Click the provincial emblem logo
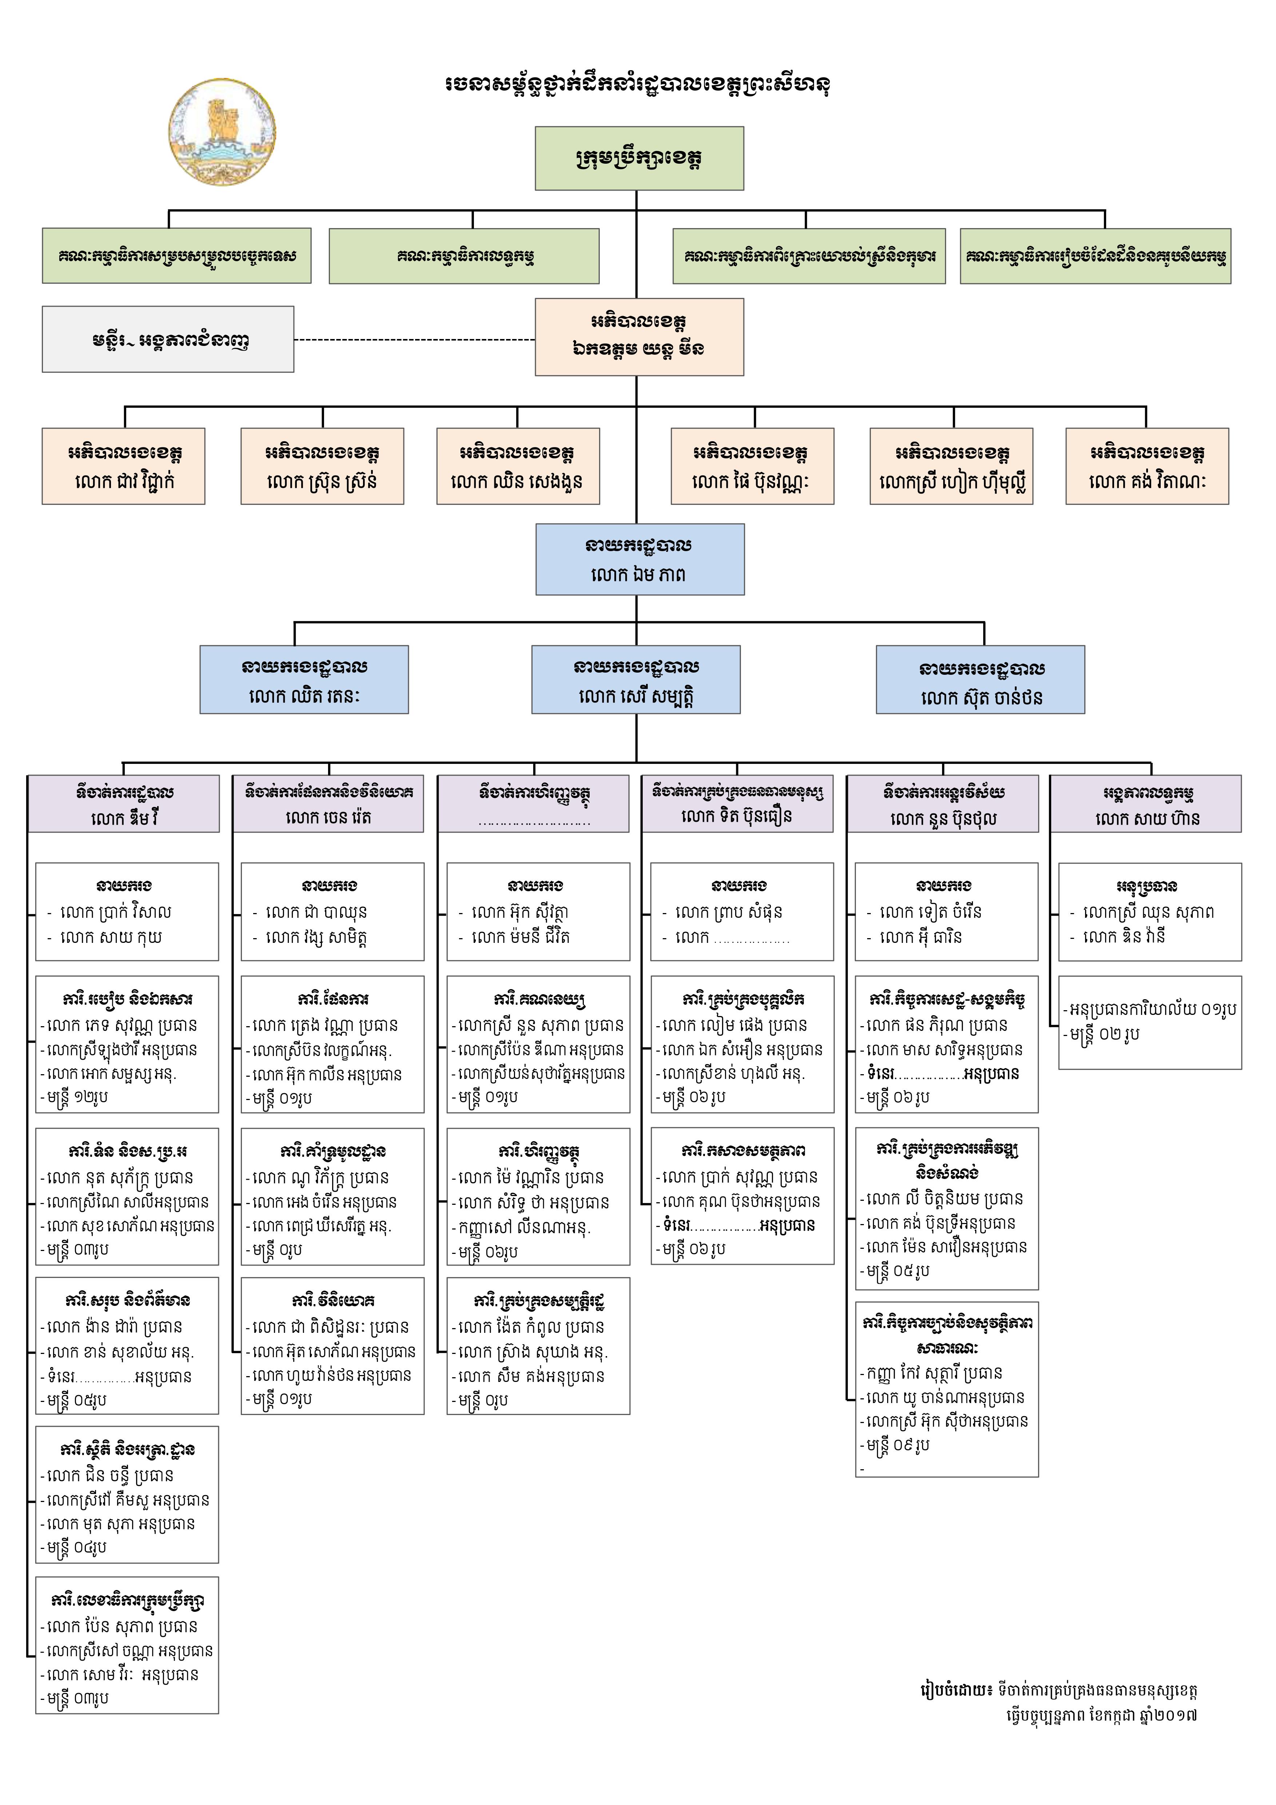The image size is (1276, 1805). tap(223, 132)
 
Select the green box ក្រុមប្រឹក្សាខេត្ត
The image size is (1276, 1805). tap(639, 158)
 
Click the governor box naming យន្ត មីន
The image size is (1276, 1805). tap(639, 336)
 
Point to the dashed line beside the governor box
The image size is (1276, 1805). tap(414, 340)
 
